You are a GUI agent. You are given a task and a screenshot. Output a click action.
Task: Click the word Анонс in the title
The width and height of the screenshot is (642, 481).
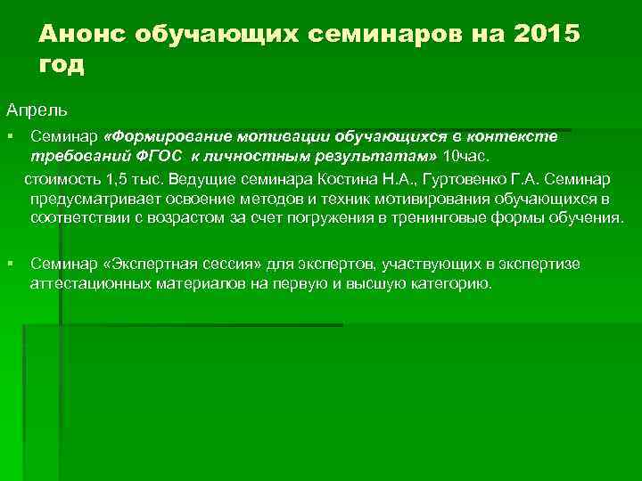tap(79, 33)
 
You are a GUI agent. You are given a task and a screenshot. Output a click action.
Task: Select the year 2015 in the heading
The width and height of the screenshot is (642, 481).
tap(545, 33)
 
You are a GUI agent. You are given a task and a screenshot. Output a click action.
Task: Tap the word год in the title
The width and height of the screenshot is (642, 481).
tap(62, 64)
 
